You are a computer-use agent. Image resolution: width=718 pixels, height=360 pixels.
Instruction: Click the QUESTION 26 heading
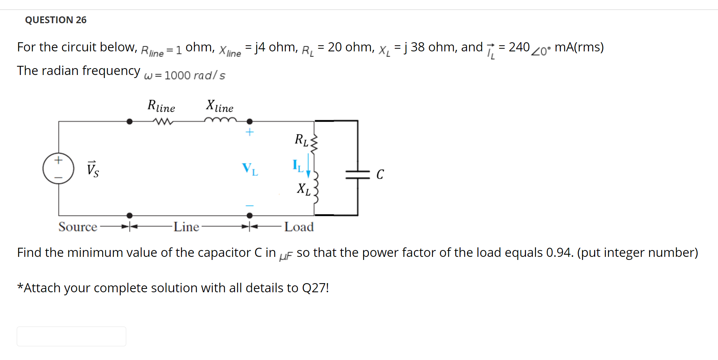[56, 20]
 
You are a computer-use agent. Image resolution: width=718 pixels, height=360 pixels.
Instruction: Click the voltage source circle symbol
[58, 169]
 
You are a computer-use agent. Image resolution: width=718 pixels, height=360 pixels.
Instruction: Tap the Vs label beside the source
[93, 169]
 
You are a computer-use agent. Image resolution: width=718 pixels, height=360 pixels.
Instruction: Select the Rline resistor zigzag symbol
[163, 122]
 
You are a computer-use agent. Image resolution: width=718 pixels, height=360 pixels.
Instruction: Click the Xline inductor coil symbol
[220, 120]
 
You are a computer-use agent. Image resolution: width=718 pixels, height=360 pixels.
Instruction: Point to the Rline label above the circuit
[161, 106]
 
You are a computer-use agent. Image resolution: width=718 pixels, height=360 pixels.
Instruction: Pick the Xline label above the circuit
[219, 106]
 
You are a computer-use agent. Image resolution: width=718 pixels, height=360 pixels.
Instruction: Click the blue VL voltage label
[250, 169]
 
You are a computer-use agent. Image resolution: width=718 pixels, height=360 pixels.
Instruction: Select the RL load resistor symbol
[314, 143]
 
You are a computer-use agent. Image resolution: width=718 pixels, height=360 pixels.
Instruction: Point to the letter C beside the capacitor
[380, 174]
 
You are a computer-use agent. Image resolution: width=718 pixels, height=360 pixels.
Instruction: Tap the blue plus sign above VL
[249, 132]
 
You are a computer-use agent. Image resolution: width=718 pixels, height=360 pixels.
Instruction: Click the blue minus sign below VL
[249, 205]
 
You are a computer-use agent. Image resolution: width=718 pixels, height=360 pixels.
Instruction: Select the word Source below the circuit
[78, 227]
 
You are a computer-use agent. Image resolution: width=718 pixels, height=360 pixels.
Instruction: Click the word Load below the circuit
[299, 227]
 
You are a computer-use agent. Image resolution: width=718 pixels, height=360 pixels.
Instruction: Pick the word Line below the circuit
[186, 227]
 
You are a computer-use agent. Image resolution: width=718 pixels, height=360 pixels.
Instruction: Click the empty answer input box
[71, 336]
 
